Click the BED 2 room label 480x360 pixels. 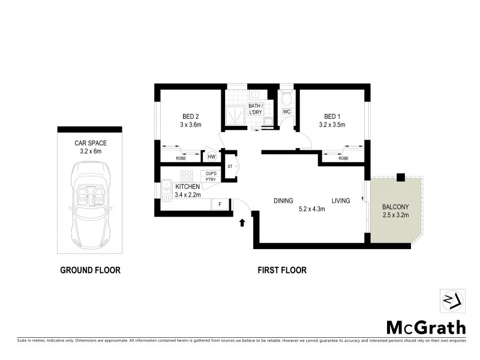coord(190,116)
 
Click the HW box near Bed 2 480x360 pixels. coord(211,157)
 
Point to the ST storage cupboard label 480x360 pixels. coord(230,166)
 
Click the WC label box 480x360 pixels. coord(286,112)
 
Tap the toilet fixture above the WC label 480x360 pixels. coord(286,97)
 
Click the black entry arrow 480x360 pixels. coord(242,223)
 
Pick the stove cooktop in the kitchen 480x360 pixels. coord(187,176)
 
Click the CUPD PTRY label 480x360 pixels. coord(211,176)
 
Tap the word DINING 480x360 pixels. coord(283,200)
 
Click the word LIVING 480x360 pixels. coord(341,200)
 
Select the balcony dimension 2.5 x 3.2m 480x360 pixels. coord(395,215)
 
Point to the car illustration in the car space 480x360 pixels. coord(89,202)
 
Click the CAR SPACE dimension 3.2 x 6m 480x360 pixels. coord(89,152)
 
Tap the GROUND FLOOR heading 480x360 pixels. coord(90,271)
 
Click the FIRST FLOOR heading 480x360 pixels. coord(282,271)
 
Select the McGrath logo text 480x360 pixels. coord(425,328)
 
